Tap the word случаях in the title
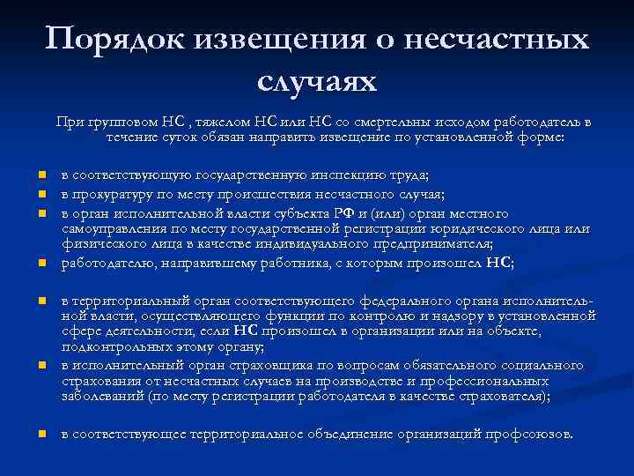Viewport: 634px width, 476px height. click(x=317, y=81)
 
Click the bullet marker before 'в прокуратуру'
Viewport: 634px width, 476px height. click(x=42, y=195)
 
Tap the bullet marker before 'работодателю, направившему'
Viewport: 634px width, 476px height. click(x=42, y=263)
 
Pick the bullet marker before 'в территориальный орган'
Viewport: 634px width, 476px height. click(x=42, y=301)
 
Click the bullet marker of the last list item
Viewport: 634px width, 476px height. click(x=42, y=435)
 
